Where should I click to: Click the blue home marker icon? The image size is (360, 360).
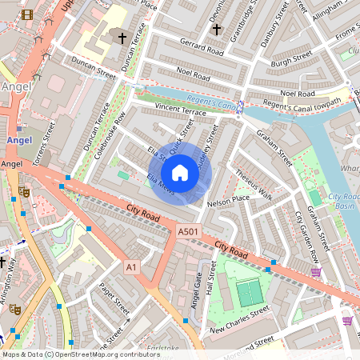(180, 172)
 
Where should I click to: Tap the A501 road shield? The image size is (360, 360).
(187, 231)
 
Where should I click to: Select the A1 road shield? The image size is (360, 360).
(132, 266)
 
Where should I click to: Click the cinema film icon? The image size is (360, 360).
(28, 14)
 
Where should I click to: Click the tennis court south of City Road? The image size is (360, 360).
(250, 293)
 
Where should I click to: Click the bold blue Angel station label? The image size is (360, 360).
(18, 140)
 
